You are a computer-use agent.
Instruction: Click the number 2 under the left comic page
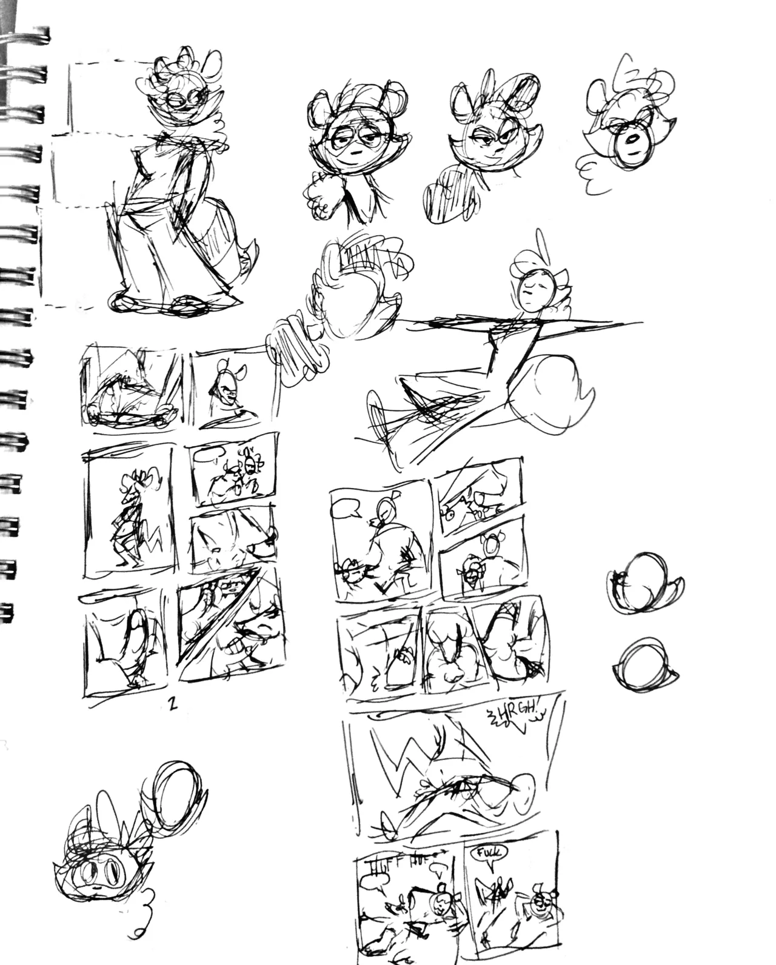[173, 705]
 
